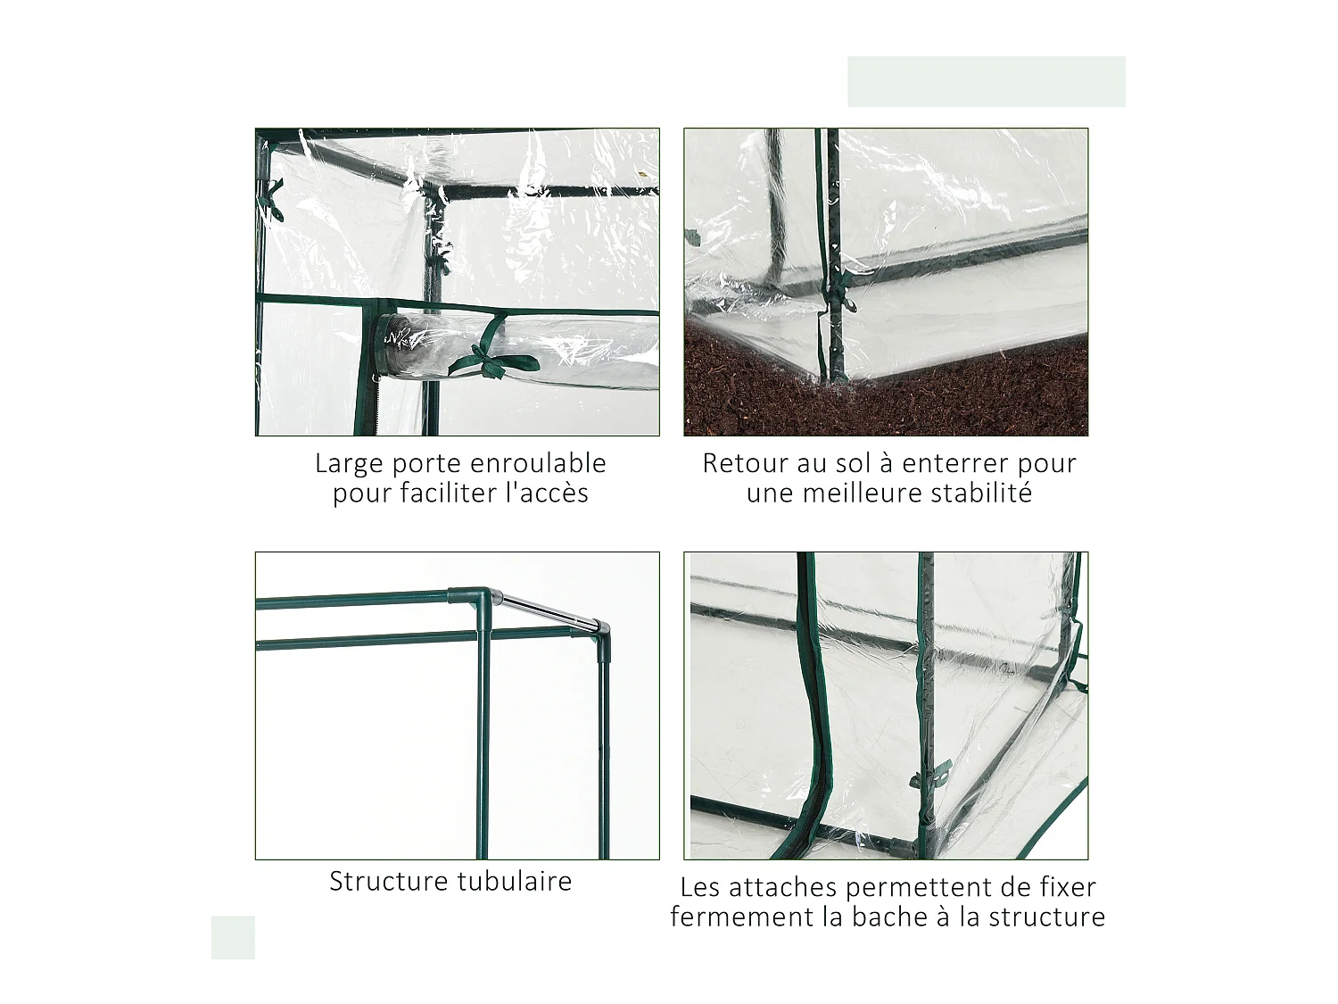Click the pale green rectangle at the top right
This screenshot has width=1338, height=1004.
coord(986,81)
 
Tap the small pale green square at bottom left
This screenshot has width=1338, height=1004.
coord(233,937)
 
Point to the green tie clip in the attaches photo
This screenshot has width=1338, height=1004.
coord(930,775)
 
